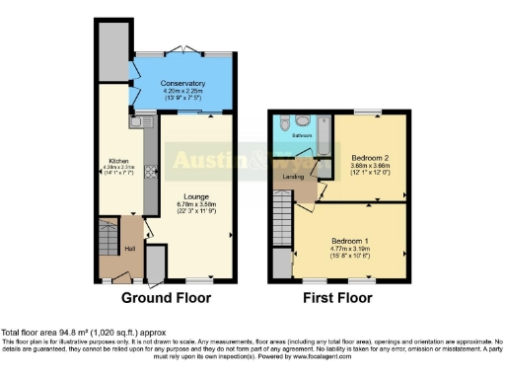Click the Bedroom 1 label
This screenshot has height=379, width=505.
(350, 240)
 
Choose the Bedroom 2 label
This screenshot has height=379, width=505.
(365, 157)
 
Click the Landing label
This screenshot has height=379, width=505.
(293, 177)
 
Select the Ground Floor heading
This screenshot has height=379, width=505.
(164, 296)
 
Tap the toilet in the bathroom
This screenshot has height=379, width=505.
(281, 124)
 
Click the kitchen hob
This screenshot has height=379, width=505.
(149, 171)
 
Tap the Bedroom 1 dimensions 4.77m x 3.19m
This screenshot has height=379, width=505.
(350, 249)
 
